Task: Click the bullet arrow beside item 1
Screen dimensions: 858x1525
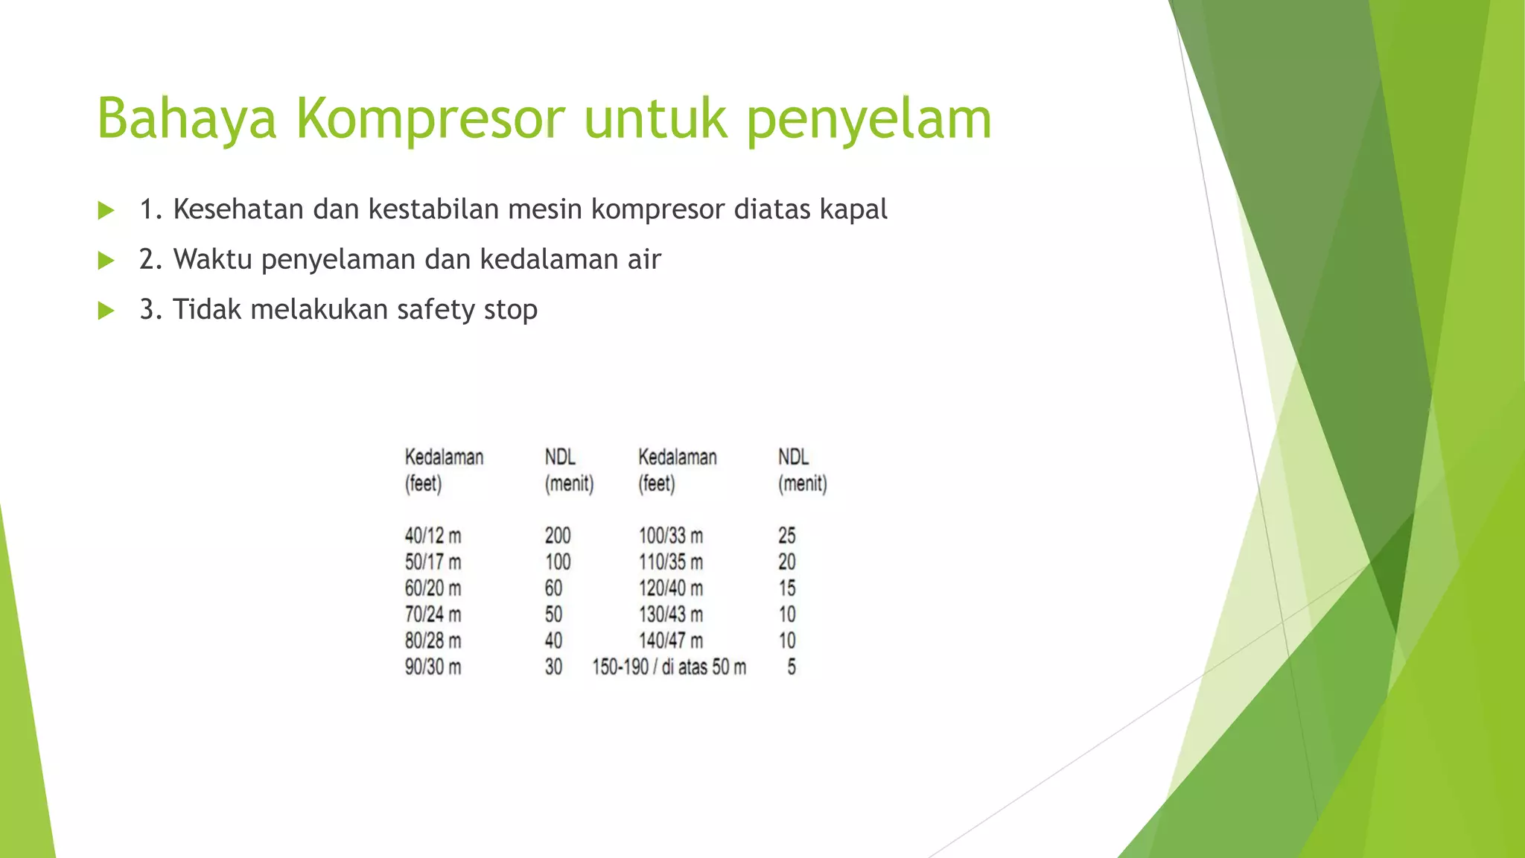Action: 106,211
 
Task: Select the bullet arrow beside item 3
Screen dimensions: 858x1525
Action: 106,311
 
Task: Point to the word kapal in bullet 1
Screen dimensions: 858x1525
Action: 853,210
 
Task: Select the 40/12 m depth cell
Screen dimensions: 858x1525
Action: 433,536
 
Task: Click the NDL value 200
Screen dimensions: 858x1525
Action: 557,536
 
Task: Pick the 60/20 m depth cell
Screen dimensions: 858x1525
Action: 433,588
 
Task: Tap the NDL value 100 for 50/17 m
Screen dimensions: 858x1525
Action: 557,562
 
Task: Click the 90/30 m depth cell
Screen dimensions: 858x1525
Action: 433,667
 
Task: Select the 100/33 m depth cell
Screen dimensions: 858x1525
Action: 670,536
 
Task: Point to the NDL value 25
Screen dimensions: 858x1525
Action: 786,536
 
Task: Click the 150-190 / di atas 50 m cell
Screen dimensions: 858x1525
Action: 669,667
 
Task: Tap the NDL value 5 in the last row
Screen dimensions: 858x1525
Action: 791,667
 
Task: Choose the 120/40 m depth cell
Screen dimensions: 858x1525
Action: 670,588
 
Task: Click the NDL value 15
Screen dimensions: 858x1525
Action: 786,588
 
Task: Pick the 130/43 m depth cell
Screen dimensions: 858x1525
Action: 670,614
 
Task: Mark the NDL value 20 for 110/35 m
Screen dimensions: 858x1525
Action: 786,562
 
